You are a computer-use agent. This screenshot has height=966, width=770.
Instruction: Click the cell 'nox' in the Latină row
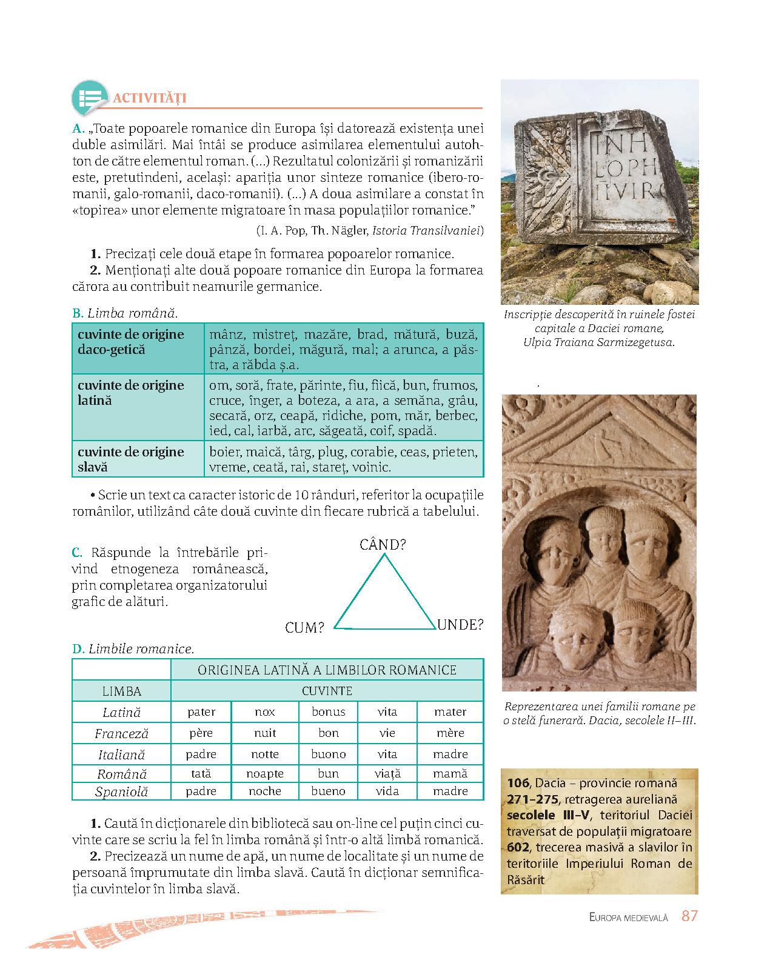coord(265,712)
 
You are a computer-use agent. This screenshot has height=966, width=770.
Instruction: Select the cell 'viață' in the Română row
coord(387,774)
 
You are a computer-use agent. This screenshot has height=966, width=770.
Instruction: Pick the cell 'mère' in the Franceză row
coord(450,733)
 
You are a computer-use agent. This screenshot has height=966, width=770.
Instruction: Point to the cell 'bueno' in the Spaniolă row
coord(328,791)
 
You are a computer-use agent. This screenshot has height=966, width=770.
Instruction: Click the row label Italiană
coord(122,755)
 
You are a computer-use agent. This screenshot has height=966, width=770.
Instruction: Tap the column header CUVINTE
coord(327,691)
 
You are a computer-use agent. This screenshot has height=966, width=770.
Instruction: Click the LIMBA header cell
coord(122,691)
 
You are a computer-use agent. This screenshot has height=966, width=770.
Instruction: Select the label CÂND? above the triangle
coord(383,545)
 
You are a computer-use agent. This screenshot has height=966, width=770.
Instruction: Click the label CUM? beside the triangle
coord(305,628)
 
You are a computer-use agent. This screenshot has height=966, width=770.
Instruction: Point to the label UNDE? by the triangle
coord(460,625)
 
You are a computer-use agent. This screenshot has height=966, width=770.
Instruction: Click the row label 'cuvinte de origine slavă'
coord(131,459)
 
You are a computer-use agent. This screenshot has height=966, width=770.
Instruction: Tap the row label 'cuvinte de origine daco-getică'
coord(131,342)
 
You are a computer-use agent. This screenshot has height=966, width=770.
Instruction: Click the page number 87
coord(689,916)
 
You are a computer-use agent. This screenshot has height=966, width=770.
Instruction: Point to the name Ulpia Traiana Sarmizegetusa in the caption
coord(598,342)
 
